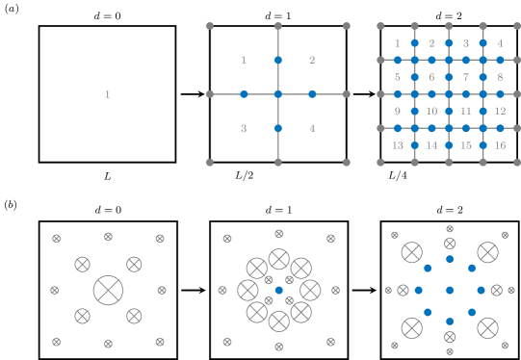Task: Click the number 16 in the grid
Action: coord(500,145)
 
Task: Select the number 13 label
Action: coord(397,145)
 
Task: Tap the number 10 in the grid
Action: coord(431,112)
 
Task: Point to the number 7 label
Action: coord(466,77)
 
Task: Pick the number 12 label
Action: coord(500,112)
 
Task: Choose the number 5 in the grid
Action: coord(397,77)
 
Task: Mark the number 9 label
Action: coord(397,112)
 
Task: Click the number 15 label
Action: coord(466,145)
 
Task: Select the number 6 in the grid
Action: coord(431,77)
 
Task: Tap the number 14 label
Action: coord(431,145)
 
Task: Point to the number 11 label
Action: coord(466,112)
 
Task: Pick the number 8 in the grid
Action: coord(500,77)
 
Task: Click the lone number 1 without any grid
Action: coord(107,94)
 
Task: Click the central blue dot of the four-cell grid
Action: coord(277,94)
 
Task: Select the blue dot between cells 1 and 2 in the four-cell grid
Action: coord(277,60)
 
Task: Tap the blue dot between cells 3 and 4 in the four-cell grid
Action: coord(277,128)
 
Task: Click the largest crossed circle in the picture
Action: coord(108,290)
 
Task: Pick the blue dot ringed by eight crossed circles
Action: coord(278,290)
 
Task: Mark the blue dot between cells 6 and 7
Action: coord(449,77)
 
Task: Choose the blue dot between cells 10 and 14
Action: coord(431,128)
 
